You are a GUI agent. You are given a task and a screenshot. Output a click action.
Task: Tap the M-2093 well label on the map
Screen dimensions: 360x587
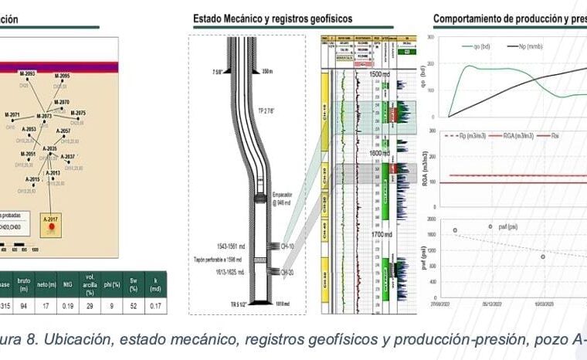[x=27, y=73]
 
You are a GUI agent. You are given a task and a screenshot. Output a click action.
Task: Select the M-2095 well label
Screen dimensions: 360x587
[x=63, y=76]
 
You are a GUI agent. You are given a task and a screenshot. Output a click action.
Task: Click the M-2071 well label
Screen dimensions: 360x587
[x=12, y=114]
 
